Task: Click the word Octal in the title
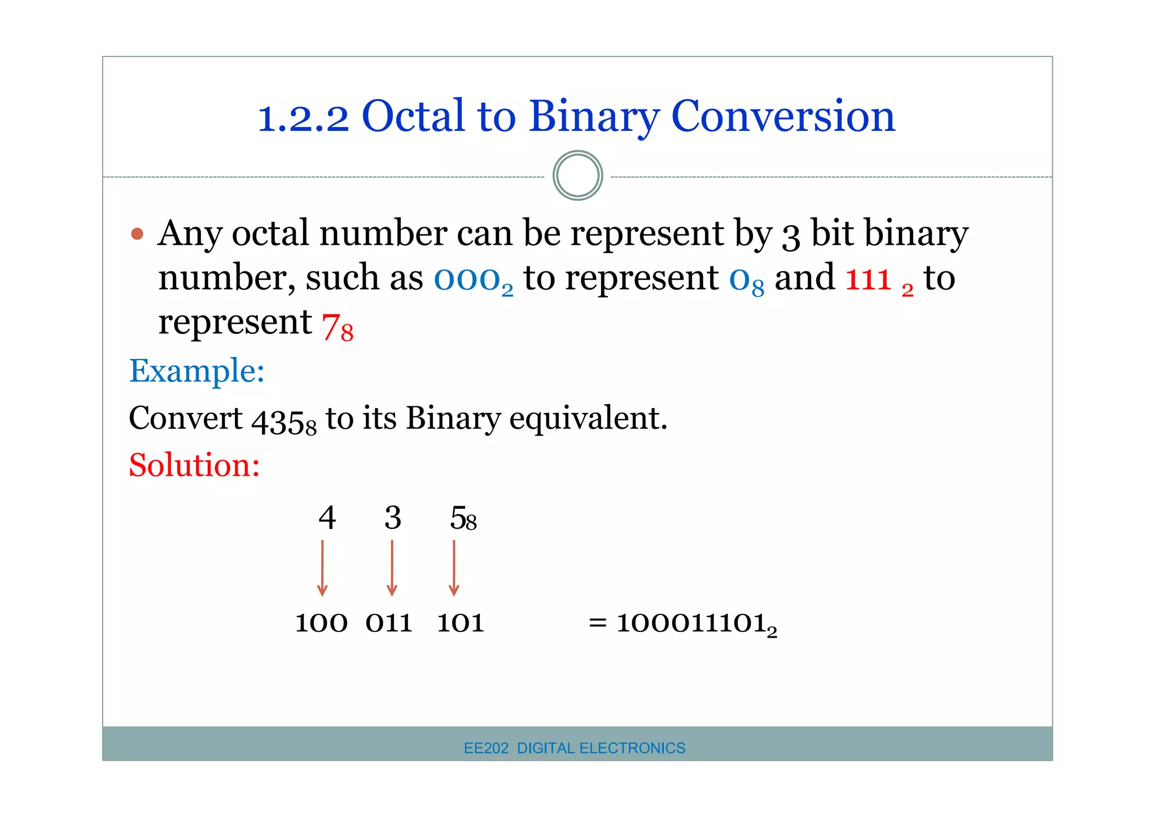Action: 413,117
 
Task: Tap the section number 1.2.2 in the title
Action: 303,118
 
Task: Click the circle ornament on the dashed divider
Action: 577,175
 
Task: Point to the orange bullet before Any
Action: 137,234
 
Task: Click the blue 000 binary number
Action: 467,279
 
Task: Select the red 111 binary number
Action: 868,279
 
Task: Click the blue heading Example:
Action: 196,371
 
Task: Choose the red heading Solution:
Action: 194,465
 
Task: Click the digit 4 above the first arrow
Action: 327,518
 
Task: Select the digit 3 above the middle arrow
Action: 393,518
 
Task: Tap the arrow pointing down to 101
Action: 454,568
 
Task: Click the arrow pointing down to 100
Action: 322,568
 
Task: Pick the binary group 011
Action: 389,623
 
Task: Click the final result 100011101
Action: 691,623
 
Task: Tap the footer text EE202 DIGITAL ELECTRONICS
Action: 574,748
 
